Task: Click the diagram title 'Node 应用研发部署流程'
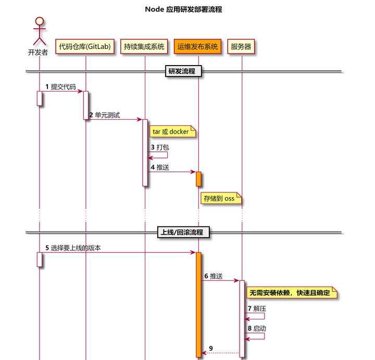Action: pos(184,9)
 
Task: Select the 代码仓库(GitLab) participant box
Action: pos(85,47)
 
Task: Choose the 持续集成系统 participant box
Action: pos(144,47)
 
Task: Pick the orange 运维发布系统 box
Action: pos(198,47)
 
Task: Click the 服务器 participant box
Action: pos(242,47)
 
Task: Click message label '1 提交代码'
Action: pos(60,87)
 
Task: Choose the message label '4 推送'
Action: pos(159,168)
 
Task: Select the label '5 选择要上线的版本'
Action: pos(73,248)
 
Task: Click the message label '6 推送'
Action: pos(213,276)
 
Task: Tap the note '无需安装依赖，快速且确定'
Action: pos(291,293)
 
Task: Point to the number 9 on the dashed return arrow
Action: pos(210,348)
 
